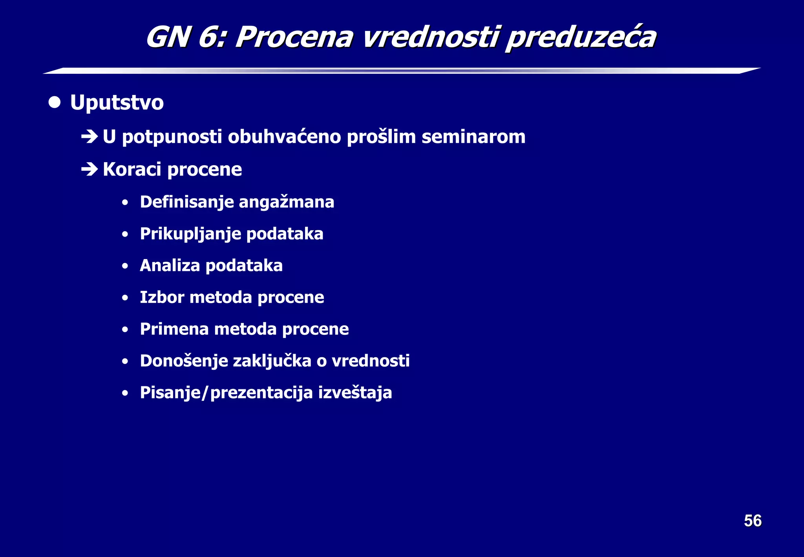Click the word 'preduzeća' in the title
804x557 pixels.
581,38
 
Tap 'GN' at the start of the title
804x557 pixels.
168,38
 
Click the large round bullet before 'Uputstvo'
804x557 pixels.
55,102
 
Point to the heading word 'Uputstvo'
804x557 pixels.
117,103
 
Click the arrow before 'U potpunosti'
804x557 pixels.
89,137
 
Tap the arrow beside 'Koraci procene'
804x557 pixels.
89,169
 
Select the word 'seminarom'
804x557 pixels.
473,137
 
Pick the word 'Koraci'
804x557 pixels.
132,169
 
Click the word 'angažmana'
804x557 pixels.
286,202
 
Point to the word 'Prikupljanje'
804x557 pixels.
190,234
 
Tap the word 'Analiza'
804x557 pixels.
170,266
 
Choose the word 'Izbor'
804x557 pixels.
162,297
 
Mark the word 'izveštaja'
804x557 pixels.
355,393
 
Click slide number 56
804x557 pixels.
753,521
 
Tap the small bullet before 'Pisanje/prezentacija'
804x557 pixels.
125,393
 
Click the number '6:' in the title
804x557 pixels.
212,38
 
